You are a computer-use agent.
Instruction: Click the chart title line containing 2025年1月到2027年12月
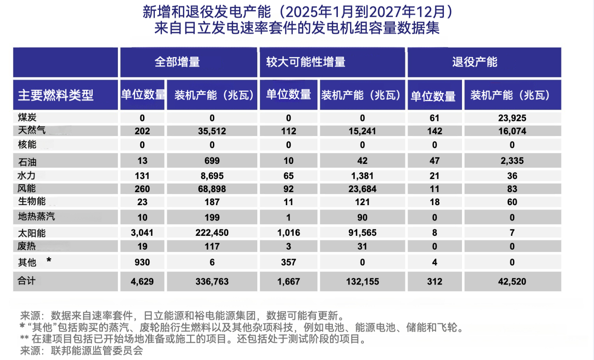[x=297, y=12]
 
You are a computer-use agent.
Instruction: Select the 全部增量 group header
[x=177, y=62]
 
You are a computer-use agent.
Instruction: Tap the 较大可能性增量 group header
[x=306, y=62]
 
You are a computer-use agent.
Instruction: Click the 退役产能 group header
[x=475, y=62]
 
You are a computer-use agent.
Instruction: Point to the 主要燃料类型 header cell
[x=56, y=95]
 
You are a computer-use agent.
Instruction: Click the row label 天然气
[x=32, y=130]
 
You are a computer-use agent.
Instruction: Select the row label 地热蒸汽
[x=37, y=217]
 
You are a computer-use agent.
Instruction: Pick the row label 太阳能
[x=32, y=233]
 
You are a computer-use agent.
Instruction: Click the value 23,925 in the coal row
[x=512, y=118]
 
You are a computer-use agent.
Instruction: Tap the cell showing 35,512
[x=212, y=131]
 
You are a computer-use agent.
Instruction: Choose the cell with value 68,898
[x=212, y=189]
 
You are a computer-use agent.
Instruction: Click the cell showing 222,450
[x=212, y=233]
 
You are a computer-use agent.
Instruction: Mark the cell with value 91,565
[x=362, y=233]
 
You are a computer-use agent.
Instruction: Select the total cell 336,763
[x=212, y=281]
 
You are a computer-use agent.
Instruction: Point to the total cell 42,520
[x=512, y=281]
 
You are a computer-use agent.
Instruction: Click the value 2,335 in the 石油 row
[x=512, y=161]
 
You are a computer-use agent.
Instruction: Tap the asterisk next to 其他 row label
[x=49, y=260]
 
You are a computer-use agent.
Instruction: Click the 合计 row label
[x=27, y=281]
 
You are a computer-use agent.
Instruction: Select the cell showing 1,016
[x=288, y=233]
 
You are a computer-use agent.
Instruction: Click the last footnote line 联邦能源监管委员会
[x=82, y=351]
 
